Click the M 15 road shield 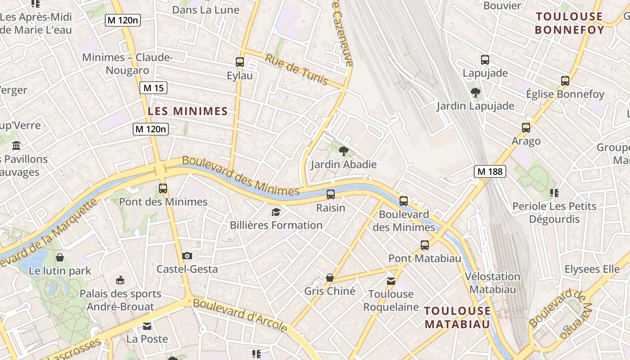153,88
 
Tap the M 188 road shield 490,171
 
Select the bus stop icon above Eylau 240,62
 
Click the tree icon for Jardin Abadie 344,151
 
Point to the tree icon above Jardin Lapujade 476,93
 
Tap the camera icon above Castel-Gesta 187,256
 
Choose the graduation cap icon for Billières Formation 276,212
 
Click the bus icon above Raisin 331,194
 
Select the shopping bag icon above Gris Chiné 330,278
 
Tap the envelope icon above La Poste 147,326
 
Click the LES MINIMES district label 188,111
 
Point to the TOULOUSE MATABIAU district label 458,317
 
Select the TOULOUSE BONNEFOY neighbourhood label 569,23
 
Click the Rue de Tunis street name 296,69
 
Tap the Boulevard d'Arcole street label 240,315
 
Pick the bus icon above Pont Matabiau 425,245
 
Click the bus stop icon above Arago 526,128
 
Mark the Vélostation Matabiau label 492,283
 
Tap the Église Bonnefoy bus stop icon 565,81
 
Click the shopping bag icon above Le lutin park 60,257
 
